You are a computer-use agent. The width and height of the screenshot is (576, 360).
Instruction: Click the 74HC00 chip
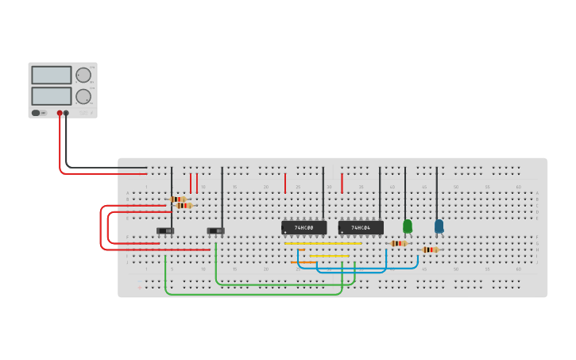(303, 228)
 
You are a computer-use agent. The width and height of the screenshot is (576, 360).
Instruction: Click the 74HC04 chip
(361, 228)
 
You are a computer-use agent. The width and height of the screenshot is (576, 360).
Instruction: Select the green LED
(408, 226)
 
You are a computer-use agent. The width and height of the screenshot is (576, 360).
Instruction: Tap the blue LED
(439, 226)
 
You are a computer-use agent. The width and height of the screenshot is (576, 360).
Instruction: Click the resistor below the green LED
(398, 243)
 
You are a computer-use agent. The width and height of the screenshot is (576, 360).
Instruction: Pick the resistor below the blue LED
(430, 250)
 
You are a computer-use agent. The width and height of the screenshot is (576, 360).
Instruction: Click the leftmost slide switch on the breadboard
(165, 230)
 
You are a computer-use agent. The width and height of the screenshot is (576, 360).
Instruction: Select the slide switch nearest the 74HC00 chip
(215, 230)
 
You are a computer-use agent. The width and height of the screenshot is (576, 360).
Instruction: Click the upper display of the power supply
(52, 75)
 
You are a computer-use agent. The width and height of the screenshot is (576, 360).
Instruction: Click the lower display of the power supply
(52, 96)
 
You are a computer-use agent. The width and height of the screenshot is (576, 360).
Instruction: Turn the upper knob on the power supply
(83, 75)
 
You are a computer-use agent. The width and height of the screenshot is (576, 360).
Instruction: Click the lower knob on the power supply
(83, 97)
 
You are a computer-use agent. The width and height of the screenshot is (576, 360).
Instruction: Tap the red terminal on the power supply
(60, 113)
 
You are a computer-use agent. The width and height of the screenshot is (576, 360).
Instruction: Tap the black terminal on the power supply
(66, 113)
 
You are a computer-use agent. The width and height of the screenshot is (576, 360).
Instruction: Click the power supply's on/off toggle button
(36, 113)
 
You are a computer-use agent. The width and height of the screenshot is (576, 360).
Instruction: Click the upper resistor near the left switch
(177, 199)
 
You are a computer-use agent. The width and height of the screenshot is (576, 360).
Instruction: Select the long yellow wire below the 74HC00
(322, 243)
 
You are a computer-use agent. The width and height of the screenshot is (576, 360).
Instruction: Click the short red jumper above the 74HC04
(342, 184)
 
